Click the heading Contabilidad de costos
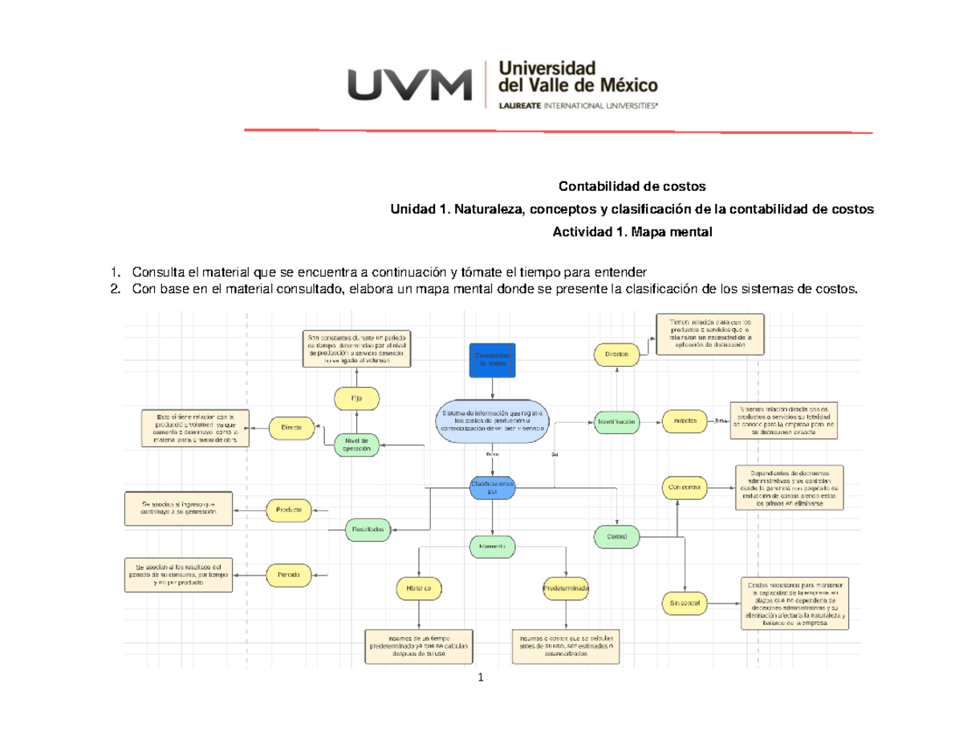tap(632, 186)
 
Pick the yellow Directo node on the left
tap(291, 429)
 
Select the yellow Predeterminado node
tap(567, 588)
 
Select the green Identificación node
tap(616, 421)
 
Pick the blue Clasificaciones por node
tap(493, 488)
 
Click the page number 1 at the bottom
tap(481, 680)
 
